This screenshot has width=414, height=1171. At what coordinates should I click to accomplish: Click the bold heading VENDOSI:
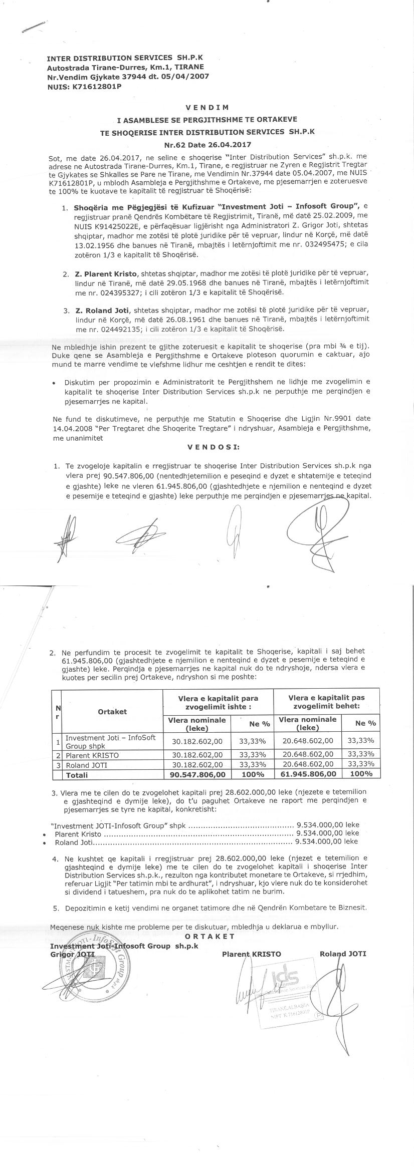[206, 446]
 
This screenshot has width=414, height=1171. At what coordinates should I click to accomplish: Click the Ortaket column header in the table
[112, 711]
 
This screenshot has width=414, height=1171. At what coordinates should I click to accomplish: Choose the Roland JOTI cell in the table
[86, 765]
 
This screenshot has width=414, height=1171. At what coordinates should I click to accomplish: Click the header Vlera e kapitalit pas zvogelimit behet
[326, 701]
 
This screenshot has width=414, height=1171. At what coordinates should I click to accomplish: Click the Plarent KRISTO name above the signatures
[252, 954]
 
